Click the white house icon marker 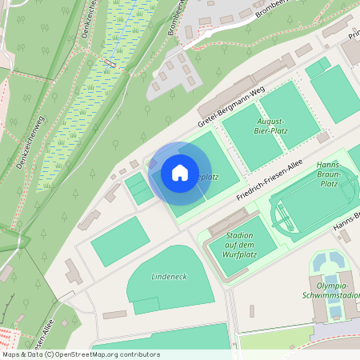[x=180, y=173]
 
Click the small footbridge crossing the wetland [x=110, y=62]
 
